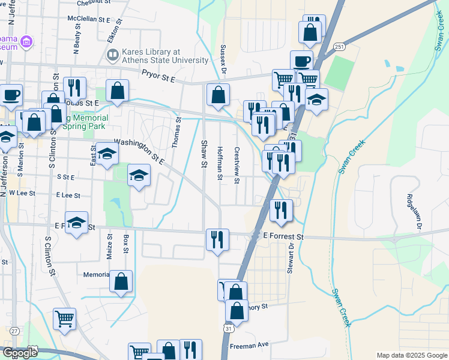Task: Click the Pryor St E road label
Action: tap(158, 76)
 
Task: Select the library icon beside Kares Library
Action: tap(112, 56)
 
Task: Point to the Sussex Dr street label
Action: tap(223, 60)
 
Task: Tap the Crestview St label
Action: tap(237, 162)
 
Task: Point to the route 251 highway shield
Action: tap(340, 46)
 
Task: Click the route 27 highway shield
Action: tap(14, 331)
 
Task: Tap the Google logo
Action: tap(20, 353)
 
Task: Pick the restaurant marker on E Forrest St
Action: tap(217, 239)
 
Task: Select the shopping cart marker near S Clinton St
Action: tap(64, 318)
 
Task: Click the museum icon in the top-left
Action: tap(26, 42)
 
